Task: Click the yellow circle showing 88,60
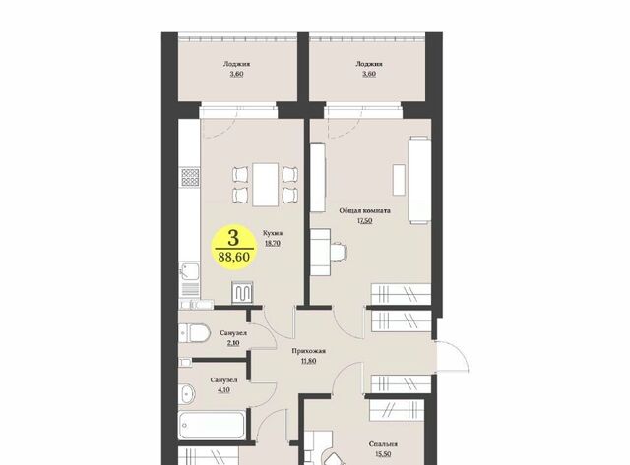(x=233, y=247)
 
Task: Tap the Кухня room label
(x=273, y=233)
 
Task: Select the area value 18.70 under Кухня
(x=273, y=243)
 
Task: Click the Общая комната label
(x=364, y=210)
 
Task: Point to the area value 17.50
(x=364, y=220)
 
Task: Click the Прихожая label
(x=308, y=351)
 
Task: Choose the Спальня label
(x=383, y=444)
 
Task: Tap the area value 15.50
(x=383, y=454)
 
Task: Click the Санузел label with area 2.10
(x=233, y=333)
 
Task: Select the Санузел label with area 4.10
(x=223, y=379)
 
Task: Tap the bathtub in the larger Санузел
(x=212, y=426)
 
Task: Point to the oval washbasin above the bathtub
(x=187, y=393)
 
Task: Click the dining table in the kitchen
(x=265, y=185)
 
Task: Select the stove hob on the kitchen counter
(x=190, y=177)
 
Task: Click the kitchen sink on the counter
(x=190, y=271)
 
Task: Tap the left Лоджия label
(x=236, y=64)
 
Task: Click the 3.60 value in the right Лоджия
(x=369, y=74)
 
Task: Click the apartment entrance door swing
(x=453, y=356)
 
